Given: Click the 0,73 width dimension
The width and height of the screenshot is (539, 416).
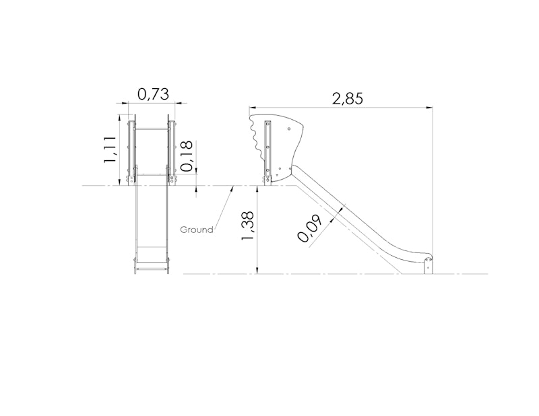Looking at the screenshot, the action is [x=154, y=94].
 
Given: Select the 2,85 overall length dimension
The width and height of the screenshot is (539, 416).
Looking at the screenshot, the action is [x=347, y=98].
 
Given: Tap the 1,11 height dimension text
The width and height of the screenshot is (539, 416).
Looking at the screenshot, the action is [x=110, y=150].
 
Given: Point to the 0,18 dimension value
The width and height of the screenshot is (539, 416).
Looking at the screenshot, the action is [x=187, y=156].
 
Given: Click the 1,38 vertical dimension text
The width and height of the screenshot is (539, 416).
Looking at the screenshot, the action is [x=247, y=226].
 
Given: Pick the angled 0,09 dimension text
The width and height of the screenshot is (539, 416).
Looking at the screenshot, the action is [x=309, y=229].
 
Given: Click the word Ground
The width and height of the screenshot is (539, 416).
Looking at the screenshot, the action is [x=197, y=230].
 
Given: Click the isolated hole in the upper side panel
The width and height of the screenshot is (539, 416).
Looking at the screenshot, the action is [x=289, y=129].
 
